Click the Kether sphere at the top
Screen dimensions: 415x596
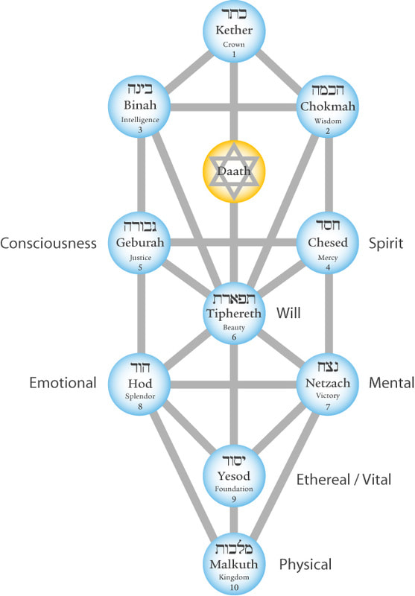[x=234, y=31]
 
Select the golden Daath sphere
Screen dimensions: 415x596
[x=234, y=171]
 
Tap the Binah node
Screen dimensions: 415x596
[x=139, y=107]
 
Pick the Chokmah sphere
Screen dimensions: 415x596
[x=328, y=107]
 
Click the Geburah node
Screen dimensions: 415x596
[x=139, y=243]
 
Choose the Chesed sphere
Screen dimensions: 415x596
[x=328, y=243]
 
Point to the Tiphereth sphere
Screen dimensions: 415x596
[x=234, y=314]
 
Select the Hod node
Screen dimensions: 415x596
[x=139, y=384]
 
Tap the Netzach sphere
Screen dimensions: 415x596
[x=328, y=384]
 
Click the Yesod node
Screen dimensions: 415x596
[x=234, y=476]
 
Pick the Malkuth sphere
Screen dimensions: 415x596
[x=234, y=565]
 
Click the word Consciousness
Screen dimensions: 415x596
[x=48, y=244]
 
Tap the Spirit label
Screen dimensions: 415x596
[x=386, y=244]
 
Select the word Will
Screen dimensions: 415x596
[x=288, y=313]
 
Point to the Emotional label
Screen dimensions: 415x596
[x=63, y=383]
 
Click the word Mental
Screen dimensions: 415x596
[x=391, y=383]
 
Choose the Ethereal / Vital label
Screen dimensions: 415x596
[x=343, y=480]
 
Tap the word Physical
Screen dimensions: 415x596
[x=305, y=565]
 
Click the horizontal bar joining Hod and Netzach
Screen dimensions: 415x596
[x=234, y=384]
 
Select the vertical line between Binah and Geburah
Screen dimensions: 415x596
[x=141, y=174]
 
